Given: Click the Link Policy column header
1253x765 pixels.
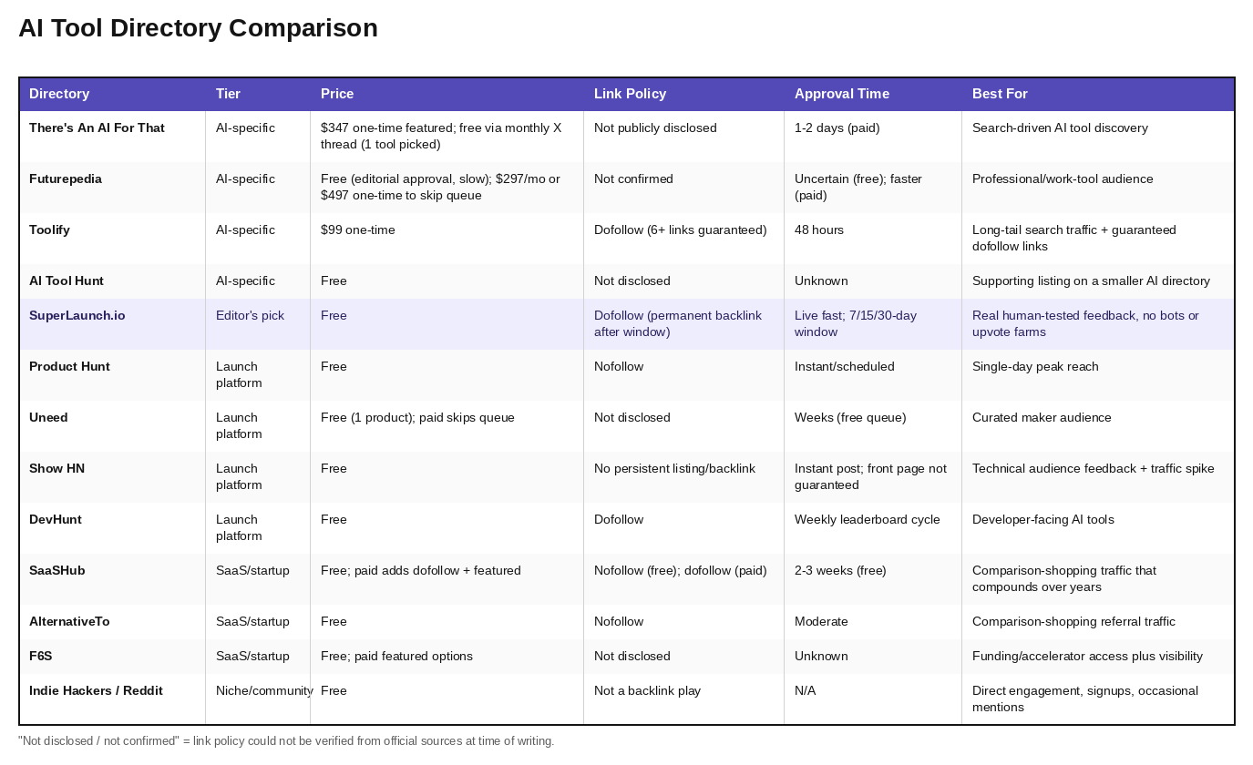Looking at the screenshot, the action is tap(630, 94).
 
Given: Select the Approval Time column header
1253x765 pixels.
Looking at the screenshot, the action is tap(842, 94).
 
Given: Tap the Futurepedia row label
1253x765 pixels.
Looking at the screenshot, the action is tap(66, 178).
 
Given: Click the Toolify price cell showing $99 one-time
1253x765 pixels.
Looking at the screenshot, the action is tap(358, 229).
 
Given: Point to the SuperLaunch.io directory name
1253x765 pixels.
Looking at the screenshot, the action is tap(77, 315).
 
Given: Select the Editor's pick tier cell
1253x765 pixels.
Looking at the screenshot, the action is tap(250, 315).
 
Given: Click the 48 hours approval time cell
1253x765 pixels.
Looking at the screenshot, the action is tap(819, 229).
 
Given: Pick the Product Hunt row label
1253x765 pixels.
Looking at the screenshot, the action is tap(69, 366).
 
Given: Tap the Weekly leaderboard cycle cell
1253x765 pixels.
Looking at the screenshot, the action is tap(867, 519).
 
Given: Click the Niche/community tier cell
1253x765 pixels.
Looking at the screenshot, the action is tap(264, 690).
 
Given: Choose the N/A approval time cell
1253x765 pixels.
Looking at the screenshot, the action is tap(805, 690).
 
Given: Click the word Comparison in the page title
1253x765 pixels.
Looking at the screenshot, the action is tap(303, 28).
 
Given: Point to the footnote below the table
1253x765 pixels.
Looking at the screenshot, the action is tap(286, 741).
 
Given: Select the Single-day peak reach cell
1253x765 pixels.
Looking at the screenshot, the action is tap(1035, 366).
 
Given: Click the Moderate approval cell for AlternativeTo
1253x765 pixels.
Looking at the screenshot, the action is tap(821, 621).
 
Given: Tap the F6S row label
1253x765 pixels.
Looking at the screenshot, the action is tap(40, 656).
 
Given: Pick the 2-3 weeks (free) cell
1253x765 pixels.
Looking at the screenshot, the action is tap(840, 570).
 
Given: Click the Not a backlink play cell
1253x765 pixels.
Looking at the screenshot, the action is tap(647, 690).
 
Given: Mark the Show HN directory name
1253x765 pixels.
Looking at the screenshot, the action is tap(56, 469).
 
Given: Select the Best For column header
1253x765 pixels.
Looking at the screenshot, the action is tap(1000, 94).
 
